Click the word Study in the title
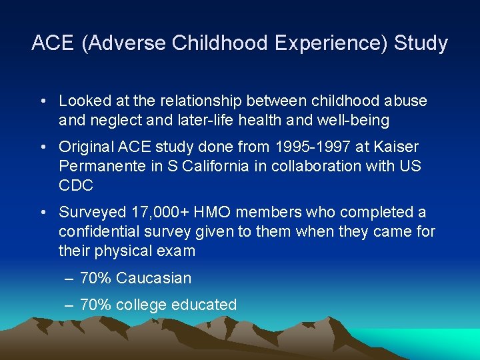click(421, 43)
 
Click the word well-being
click(364, 121)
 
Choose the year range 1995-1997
click(302, 146)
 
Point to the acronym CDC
click(75, 185)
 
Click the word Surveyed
click(91, 212)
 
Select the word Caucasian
click(153, 278)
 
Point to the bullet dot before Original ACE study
click(43, 146)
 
